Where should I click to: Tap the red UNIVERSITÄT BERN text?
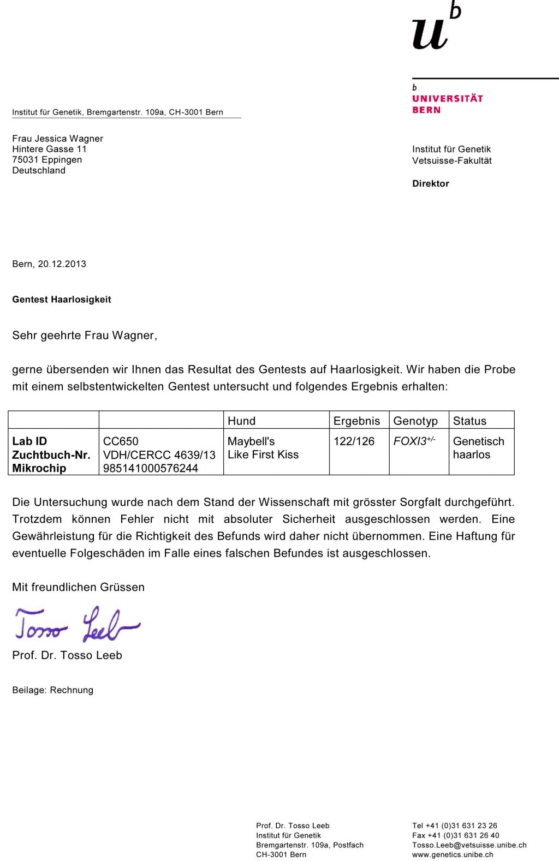pyautogui.click(x=447, y=104)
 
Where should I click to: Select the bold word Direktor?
pyautogui.click(x=431, y=184)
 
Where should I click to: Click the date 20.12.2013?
pyautogui.click(x=62, y=264)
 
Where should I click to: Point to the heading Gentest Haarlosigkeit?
pyautogui.click(x=62, y=300)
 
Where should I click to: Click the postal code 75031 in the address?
pyautogui.click(x=25, y=160)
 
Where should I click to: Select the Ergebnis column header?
pyautogui.click(x=356, y=421)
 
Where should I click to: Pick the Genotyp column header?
pyautogui.click(x=415, y=421)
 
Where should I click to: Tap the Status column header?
pyautogui.click(x=469, y=421)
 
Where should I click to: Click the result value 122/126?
pyautogui.click(x=354, y=441)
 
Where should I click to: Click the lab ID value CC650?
pyautogui.click(x=121, y=441)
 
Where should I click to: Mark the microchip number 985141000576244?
pyautogui.click(x=150, y=468)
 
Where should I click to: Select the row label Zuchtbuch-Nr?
pyautogui.click(x=51, y=455)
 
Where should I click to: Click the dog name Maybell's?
pyautogui.click(x=251, y=441)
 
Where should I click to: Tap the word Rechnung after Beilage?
pyautogui.click(x=72, y=690)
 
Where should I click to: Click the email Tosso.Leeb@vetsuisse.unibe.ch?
pyautogui.click(x=469, y=845)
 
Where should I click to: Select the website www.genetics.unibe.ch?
pyautogui.click(x=453, y=855)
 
